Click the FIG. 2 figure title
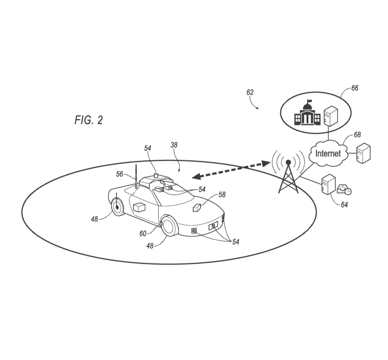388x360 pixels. pos(89,120)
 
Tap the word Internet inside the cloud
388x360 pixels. pos(328,154)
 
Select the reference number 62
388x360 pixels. pos(250,92)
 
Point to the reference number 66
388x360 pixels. pos(354,88)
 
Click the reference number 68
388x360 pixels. pos(357,135)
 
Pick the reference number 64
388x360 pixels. pos(344,205)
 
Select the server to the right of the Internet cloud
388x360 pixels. pos(363,153)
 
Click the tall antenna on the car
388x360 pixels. pos(135,175)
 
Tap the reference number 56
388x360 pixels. pos(120,174)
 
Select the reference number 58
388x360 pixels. pos(222,195)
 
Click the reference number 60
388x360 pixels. pos(143,233)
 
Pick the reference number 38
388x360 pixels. pos(174,145)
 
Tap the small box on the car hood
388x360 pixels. pos(198,208)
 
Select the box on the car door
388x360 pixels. pos(140,207)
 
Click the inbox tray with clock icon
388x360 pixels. pos(344,189)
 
